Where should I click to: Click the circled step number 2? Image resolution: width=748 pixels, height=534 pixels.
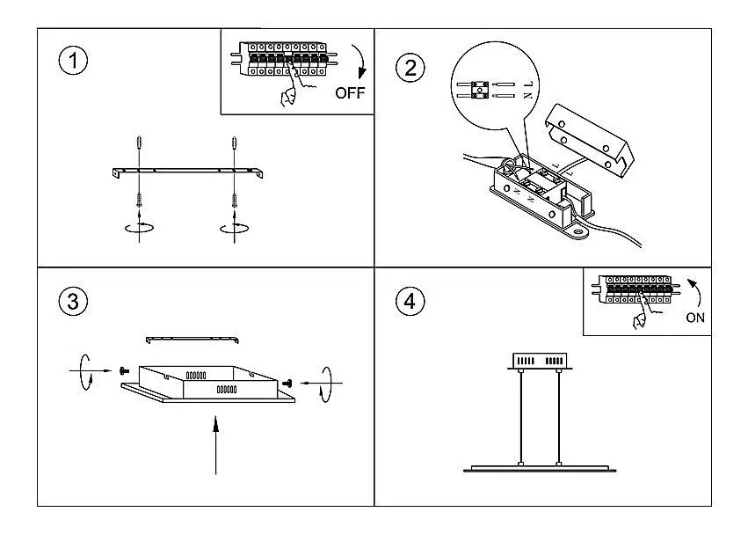[x=410, y=68]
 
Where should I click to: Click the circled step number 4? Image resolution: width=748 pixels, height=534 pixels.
[x=410, y=302]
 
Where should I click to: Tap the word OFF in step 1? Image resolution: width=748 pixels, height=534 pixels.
[x=349, y=93]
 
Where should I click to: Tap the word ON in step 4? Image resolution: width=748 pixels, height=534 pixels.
[x=695, y=318]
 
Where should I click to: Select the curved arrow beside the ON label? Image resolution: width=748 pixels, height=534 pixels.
[x=697, y=290]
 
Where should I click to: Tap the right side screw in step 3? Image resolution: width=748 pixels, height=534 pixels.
[x=287, y=381]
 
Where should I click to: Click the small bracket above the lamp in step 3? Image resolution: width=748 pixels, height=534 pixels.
[x=192, y=338]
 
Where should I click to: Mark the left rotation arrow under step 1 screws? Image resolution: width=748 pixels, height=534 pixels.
[x=140, y=226]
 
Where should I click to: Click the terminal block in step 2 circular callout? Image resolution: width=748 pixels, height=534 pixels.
[x=480, y=89]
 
